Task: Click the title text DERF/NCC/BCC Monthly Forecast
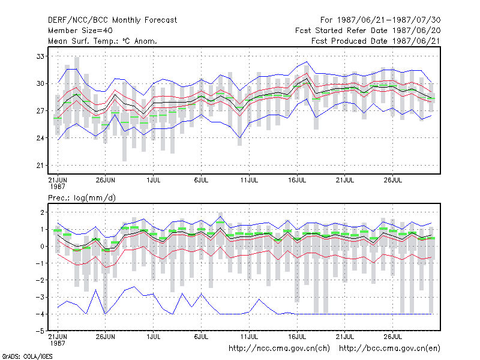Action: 112,20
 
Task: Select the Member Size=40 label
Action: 80,31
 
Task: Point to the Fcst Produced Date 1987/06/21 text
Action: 376,41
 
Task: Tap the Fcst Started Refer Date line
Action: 368,31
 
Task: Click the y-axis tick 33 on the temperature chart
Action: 40,56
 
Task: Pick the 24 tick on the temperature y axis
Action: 40,138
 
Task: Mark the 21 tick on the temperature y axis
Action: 40,166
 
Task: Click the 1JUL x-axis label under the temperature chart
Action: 154,180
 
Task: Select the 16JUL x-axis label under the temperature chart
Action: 297,180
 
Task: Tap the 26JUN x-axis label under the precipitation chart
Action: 106,337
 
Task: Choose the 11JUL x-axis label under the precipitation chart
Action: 249,337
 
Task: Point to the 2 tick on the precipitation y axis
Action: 42,212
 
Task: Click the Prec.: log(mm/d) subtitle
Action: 82,198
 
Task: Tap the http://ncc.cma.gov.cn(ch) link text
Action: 279,349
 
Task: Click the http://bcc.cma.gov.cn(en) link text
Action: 389,349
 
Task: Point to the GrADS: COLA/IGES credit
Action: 27,356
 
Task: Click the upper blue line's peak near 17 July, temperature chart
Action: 307,62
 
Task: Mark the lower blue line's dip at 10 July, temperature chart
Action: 239,137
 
